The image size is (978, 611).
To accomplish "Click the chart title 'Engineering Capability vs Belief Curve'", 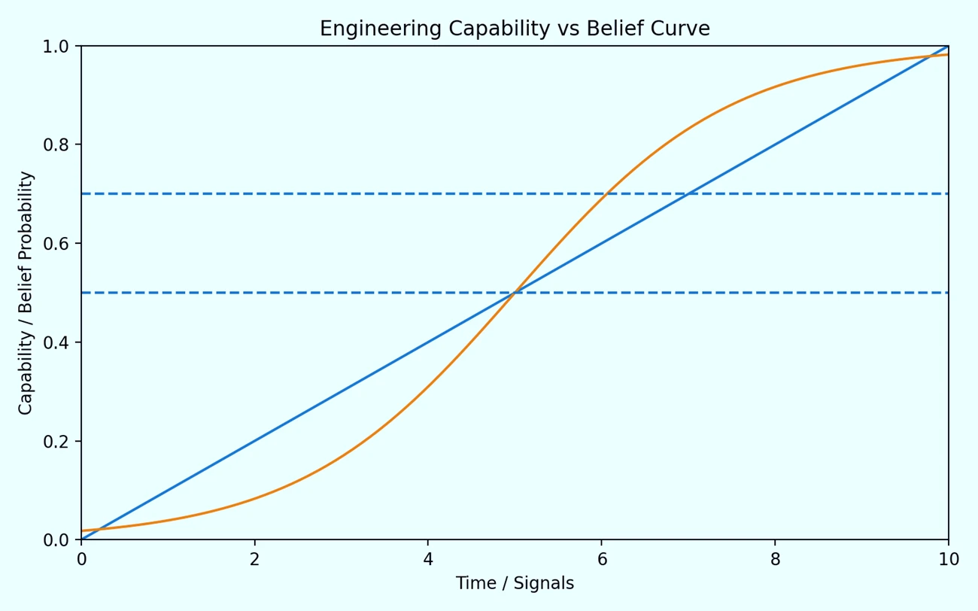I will (x=515, y=29).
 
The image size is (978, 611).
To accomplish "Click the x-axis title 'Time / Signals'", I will (x=515, y=583).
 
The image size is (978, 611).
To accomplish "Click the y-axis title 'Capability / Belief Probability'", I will (x=26, y=293).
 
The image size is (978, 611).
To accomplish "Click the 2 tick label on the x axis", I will (x=254, y=559).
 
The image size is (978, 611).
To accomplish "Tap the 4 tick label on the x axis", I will (x=428, y=559).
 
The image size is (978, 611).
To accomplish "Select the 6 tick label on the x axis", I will (x=601, y=559).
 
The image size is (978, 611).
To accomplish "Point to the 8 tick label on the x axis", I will (x=775, y=559).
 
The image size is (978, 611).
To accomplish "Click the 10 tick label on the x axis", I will (x=948, y=559).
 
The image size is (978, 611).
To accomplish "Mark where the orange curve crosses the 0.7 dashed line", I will (x=606, y=193).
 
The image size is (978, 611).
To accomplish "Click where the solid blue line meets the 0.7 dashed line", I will (x=688, y=193).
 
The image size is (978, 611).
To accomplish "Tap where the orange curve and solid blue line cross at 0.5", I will (x=515, y=293).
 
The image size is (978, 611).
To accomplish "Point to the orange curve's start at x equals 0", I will (x=82, y=530).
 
